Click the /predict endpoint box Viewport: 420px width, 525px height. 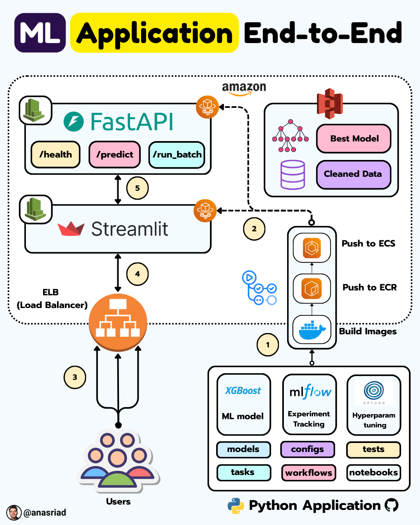115,155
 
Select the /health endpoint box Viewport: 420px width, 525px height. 55,155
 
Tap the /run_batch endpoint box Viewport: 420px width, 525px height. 177,155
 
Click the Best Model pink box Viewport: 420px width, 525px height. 354,139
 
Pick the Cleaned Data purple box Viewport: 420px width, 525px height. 353,174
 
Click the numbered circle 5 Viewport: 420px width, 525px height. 137,188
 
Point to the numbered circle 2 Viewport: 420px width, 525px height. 254,229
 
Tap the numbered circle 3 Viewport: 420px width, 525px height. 75,377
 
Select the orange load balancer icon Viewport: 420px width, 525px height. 118,322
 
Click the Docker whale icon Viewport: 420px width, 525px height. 312,330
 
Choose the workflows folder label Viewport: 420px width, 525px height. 308,472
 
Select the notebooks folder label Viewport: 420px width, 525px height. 373,472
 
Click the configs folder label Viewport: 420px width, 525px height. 307,449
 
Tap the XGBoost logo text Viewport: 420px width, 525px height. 243,391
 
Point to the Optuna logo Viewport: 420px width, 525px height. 374,392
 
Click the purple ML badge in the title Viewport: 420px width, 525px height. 40,33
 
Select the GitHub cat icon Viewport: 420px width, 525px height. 392,505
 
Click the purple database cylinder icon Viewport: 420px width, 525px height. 292,175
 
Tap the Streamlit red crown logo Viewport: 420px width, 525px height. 71,229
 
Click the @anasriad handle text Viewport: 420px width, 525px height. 45,513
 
